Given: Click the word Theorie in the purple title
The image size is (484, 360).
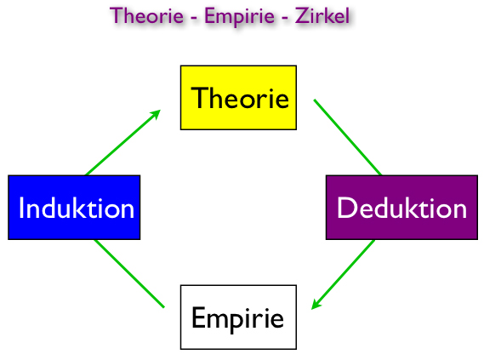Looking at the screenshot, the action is pyautogui.click(x=146, y=15).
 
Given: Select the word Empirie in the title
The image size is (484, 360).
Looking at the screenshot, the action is pyautogui.click(x=239, y=17).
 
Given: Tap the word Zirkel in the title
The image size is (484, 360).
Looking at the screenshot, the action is pyautogui.click(x=322, y=15).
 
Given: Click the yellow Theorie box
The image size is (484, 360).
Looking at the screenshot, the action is pyautogui.click(x=238, y=98).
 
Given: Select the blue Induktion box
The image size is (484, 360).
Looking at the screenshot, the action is pyautogui.click(x=74, y=207).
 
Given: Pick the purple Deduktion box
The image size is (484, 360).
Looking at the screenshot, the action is pyautogui.click(x=401, y=207).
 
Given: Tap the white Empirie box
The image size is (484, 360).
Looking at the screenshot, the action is pyautogui.click(x=238, y=317).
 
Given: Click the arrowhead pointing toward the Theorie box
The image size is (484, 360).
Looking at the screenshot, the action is pyautogui.click(x=156, y=115).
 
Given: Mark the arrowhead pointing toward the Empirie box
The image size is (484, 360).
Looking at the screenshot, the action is pyautogui.click(x=316, y=304).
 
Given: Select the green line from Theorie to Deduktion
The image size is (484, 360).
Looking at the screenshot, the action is pyautogui.click(x=348, y=137).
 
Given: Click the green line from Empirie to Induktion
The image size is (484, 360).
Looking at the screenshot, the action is pyautogui.click(x=129, y=273).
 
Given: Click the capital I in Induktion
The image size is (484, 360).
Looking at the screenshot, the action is pyautogui.click(x=21, y=208).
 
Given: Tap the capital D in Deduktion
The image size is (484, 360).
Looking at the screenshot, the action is pyautogui.click(x=346, y=208).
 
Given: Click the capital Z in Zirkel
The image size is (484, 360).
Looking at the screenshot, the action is pyautogui.click(x=302, y=15).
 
